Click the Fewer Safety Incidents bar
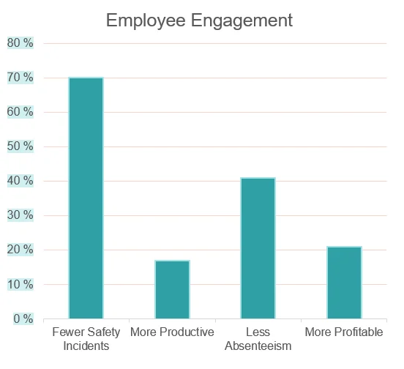pos(86,198)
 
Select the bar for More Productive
pos(172,289)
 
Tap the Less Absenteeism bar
pos(258,248)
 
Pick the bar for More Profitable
pos(344,283)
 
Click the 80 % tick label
pos(20,43)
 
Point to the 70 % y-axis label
pos(20,78)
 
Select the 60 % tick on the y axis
pos(20,112)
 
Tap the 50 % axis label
pos(20,146)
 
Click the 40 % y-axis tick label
pos(20,181)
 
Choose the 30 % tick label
pos(20,215)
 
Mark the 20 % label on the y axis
pos(20,250)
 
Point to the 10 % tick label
pos(20,284)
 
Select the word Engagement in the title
pos(247,20)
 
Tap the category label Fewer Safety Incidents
pos(86,339)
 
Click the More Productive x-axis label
pos(172,332)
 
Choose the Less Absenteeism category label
pos(258,339)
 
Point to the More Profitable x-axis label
pos(344,332)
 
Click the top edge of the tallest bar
pos(86,78)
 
